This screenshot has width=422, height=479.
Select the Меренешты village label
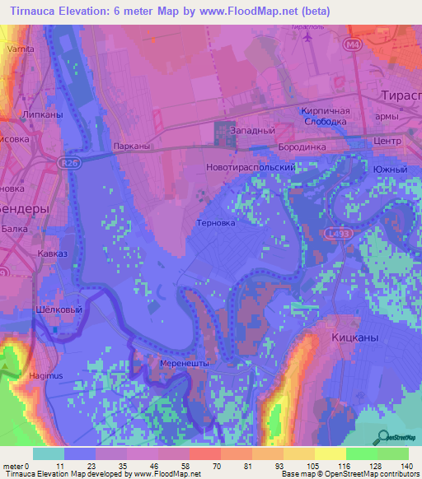pos(184,363)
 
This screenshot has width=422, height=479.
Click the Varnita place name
pos(20,49)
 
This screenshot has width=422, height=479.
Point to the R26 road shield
pos(70,164)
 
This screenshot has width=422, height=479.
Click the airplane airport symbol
pos(309,36)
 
